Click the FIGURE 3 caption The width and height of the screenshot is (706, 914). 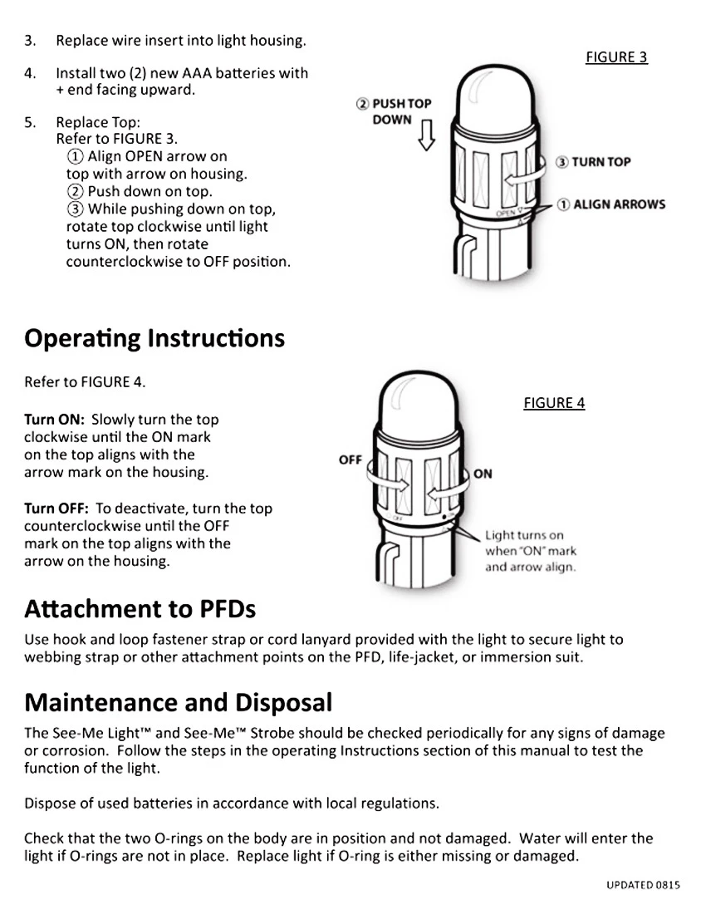(x=616, y=57)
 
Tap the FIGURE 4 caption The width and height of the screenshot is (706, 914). (x=554, y=403)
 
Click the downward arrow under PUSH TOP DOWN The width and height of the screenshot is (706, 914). (x=426, y=135)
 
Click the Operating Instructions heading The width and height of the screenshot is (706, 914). (x=154, y=339)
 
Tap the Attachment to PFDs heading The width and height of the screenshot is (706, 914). (x=140, y=609)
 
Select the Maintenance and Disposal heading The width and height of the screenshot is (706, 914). (x=178, y=703)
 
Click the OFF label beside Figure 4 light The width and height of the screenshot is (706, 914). (x=351, y=459)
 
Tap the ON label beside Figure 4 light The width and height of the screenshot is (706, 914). (x=483, y=474)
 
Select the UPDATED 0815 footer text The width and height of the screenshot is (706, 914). (x=643, y=885)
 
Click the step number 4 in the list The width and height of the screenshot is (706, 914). (x=30, y=73)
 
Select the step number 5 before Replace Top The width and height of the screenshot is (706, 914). (x=30, y=122)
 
